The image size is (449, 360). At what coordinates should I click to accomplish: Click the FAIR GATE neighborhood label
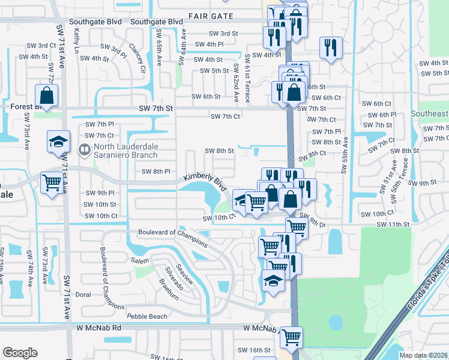pos(209,16)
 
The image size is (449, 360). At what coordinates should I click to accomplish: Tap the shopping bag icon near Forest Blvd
pos(46,95)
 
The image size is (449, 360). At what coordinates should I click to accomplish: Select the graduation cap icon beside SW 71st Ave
pos(58,142)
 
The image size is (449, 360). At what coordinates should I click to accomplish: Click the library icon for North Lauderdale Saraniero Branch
pos(85,149)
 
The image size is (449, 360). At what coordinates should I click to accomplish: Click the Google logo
pos(19,353)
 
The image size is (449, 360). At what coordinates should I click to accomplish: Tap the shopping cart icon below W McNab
pos(291,337)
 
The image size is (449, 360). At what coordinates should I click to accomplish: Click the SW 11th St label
pos(393,224)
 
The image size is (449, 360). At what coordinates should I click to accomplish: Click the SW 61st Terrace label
pos(247,77)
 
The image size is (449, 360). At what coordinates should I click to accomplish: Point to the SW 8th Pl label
pos(156,172)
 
